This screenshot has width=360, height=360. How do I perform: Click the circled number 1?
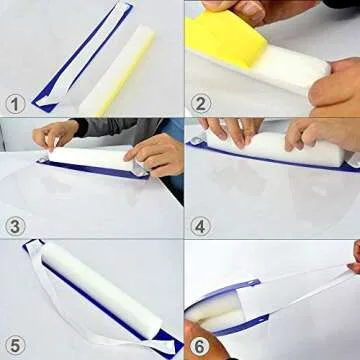14,103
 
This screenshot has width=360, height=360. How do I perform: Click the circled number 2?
199,103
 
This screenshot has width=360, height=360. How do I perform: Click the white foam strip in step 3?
95,157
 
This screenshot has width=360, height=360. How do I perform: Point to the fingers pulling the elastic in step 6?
355,258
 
